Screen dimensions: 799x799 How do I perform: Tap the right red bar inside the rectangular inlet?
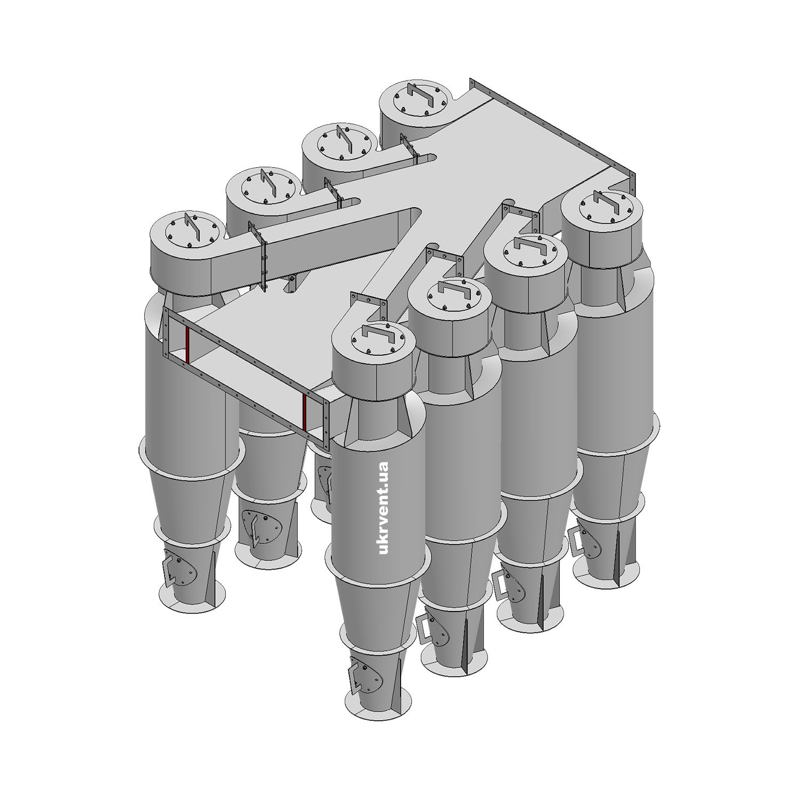point(304,412)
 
